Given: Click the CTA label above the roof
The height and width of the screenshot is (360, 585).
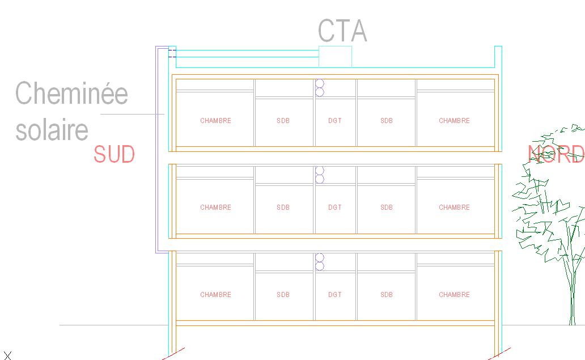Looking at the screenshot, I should tap(342, 31).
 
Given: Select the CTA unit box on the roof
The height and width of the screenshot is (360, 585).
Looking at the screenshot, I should tap(335, 56).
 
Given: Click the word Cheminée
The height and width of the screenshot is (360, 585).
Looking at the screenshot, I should tap(71, 93).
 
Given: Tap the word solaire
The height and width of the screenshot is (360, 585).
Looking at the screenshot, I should tap(52, 130).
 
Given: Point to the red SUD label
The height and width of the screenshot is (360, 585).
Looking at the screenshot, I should tap(114, 154).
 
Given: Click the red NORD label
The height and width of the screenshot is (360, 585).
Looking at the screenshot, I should tap(556, 154).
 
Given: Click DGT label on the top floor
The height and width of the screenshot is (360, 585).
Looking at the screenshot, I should tap(335, 121).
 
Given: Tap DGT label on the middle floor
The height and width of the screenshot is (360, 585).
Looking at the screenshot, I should tap(335, 207).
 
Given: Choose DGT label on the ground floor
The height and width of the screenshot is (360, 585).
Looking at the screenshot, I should tap(335, 295).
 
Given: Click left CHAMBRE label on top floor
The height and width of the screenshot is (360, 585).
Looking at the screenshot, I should tap(215, 121).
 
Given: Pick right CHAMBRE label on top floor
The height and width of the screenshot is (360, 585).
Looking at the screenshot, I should tap(454, 121).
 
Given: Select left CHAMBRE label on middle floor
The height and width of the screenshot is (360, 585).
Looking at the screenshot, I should tap(215, 207).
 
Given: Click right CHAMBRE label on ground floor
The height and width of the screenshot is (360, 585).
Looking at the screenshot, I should tap(454, 295).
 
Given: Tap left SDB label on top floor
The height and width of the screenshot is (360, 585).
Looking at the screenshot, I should tap(283, 121).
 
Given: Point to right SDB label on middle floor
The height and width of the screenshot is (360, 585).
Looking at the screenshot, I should tap(387, 207).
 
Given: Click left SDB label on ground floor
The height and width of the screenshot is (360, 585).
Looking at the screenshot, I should tap(283, 295).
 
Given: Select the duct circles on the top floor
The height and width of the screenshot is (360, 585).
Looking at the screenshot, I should tap(320, 87).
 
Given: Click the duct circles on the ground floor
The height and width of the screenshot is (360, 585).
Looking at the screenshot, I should tap(320, 262).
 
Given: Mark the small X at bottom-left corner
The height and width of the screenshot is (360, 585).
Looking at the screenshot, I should tap(7, 355).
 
